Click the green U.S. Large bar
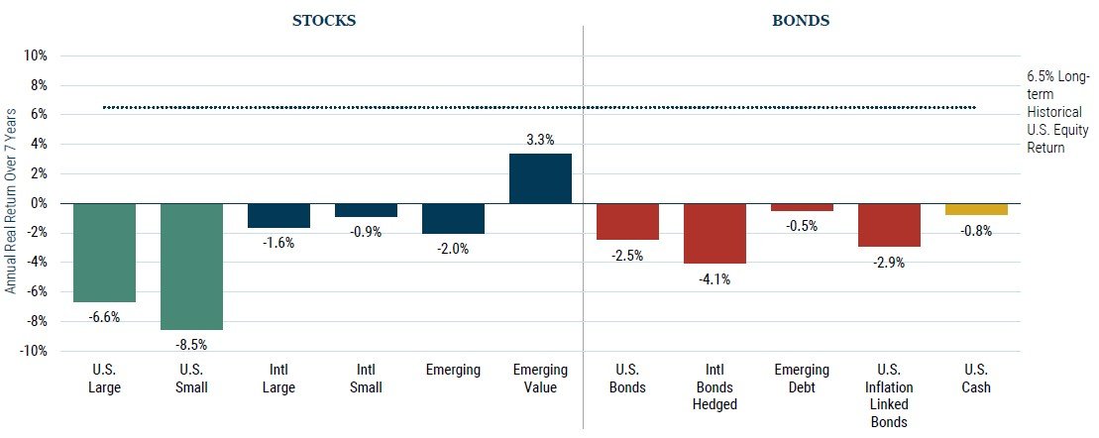(104, 252)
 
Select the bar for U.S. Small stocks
(191, 266)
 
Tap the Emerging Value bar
(540, 178)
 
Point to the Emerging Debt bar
(802, 207)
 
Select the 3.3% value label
(540, 140)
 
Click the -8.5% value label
(191, 345)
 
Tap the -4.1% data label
(714, 279)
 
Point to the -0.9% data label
(366, 233)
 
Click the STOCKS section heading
(324, 19)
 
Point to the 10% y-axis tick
(35, 55)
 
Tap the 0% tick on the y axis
(39, 203)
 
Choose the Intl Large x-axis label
(278, 379)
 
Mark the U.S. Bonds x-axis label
(627, 379)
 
